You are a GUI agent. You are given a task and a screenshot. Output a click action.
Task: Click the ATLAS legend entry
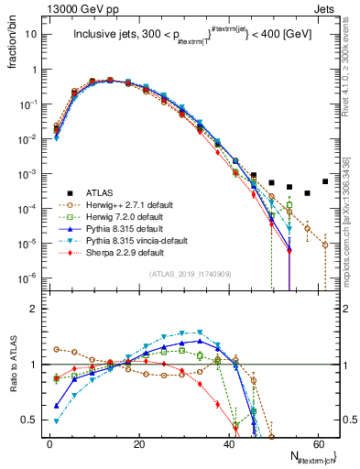101,193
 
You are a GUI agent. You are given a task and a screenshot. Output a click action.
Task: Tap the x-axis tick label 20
139,442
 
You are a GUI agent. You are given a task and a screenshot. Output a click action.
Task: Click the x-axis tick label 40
229,442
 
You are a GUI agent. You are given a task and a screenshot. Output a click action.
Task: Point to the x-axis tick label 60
318,442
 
